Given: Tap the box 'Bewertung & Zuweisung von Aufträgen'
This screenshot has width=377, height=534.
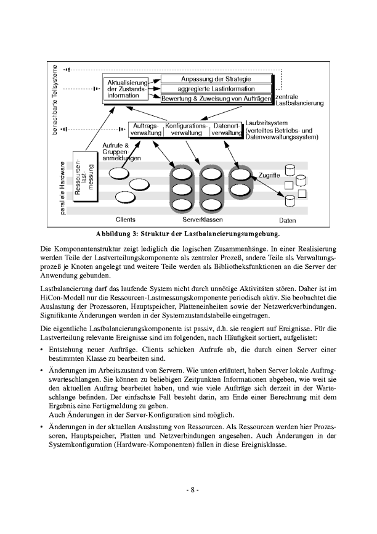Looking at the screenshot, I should pos(216,98).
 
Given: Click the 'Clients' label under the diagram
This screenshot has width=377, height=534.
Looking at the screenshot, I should pos(126,220).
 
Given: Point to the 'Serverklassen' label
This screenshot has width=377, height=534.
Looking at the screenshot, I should pos(203,220).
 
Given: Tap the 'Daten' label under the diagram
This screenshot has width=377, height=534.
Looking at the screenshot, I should pos(287,220).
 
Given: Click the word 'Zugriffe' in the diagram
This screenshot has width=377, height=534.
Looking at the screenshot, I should pos(270,175).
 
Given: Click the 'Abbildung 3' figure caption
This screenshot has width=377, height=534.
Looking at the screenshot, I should pos(188,234).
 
